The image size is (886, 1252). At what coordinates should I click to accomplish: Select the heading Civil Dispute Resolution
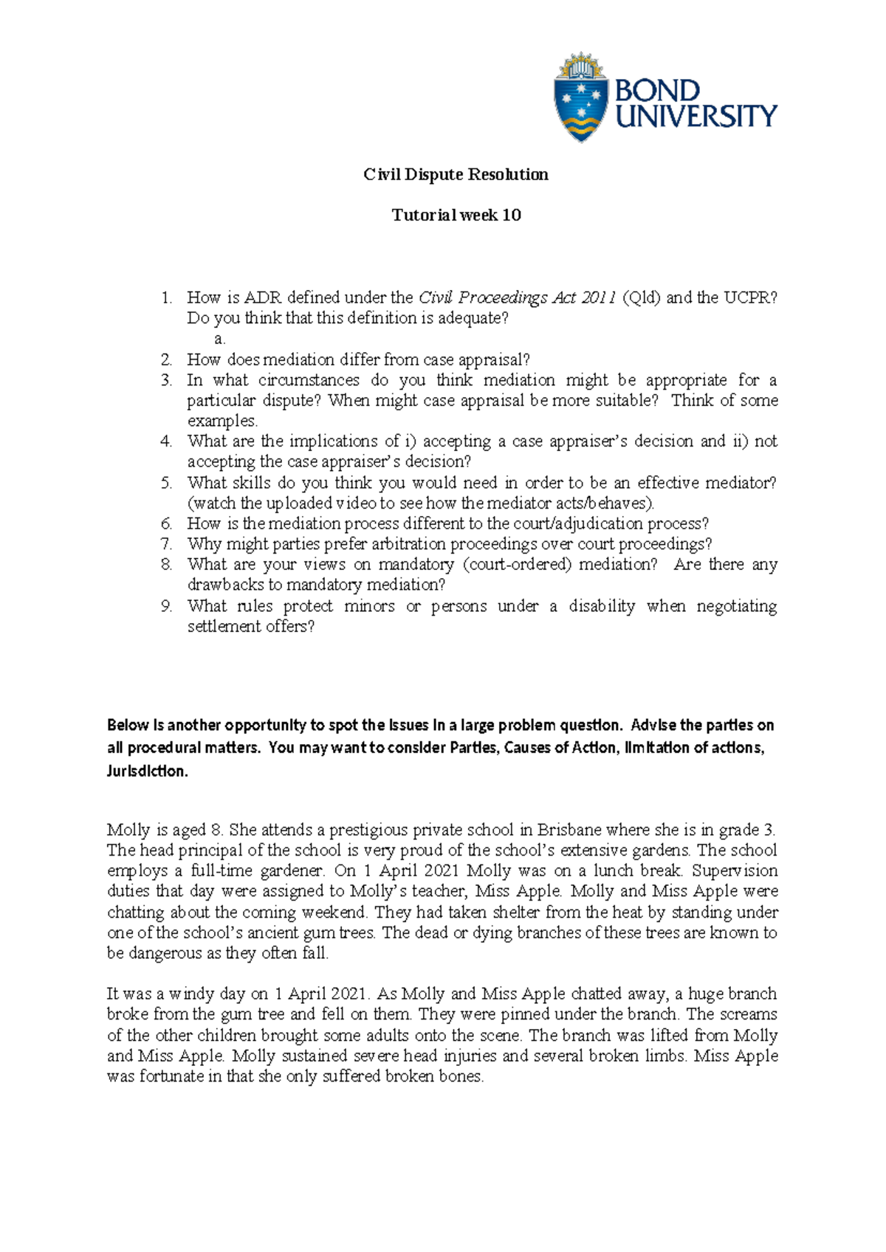456,175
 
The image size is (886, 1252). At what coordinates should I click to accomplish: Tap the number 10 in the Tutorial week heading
511,216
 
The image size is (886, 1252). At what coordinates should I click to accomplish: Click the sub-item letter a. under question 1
219,339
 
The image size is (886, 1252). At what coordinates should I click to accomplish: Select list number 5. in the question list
167,483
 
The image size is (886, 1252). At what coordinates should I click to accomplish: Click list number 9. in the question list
167,606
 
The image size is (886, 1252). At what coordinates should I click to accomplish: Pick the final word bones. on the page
461,1076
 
